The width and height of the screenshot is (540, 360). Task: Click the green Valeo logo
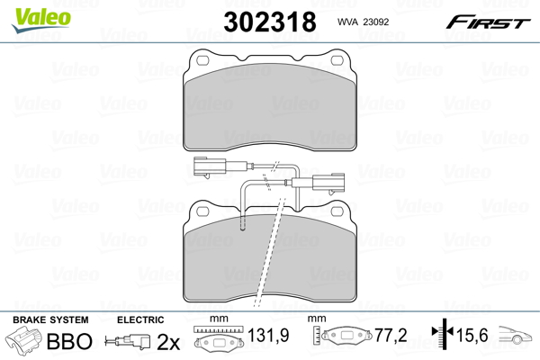[41, 20]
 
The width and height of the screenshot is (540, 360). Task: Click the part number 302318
[270, 22]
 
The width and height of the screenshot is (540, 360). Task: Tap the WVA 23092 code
[363, 22]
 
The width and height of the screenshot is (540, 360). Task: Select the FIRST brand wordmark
[488, 22]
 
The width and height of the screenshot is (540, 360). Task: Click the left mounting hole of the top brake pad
[202, 60]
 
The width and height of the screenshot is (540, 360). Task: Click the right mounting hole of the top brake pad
[337, 60]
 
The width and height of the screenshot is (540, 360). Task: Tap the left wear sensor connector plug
[210, 166]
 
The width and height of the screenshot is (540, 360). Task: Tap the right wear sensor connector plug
[328, 182]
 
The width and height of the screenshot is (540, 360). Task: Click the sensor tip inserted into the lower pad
[243, 222]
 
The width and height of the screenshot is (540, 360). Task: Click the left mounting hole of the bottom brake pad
[202, 211]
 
